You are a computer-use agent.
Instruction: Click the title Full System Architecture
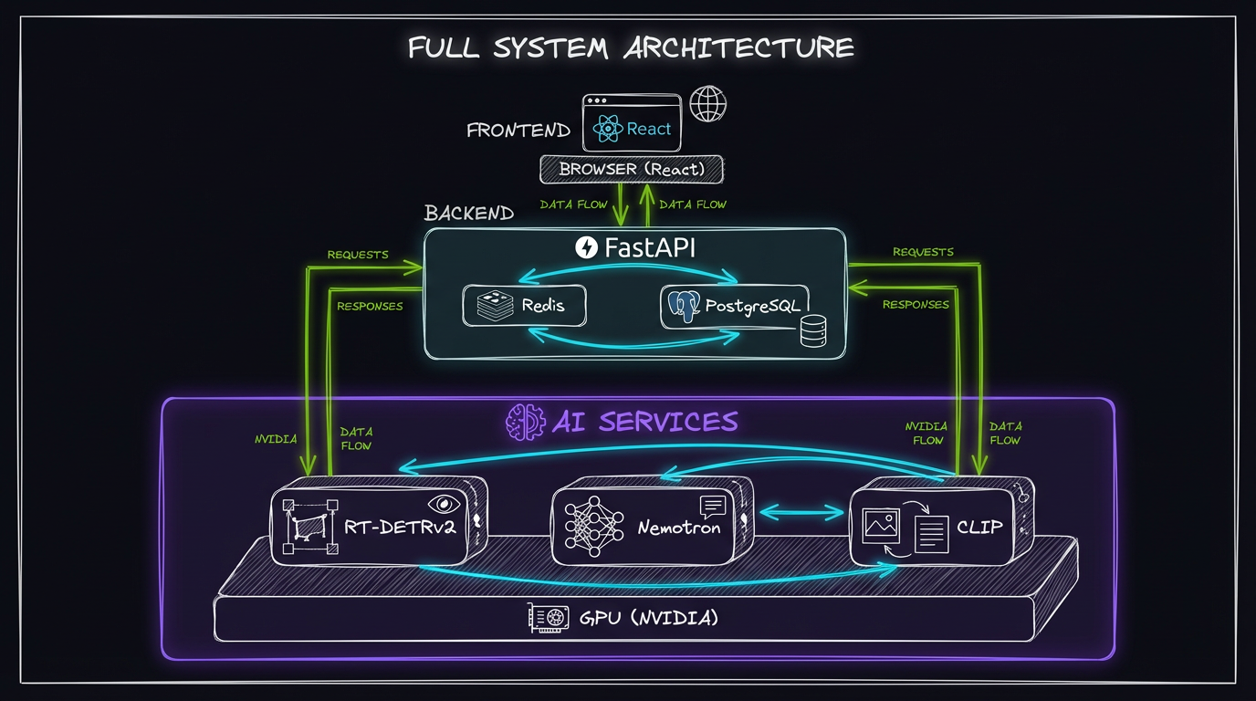click(x=630, y=47)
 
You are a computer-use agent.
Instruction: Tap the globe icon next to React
click(x=707, y=104)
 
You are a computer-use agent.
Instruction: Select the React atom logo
click(x=608, y=130)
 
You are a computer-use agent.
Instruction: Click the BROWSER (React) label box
click(x=632, y=169)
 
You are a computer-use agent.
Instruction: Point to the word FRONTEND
click(x=518, y=131)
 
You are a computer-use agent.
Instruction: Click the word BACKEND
click(x=469, y=214)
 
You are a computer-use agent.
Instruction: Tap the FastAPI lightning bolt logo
click(x=586, y=247)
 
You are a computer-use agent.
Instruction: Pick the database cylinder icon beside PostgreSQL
click(x=812, y=331)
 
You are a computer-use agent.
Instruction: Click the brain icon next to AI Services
click(x=524, y=422)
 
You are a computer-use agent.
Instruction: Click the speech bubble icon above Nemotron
click(x=712, y=506)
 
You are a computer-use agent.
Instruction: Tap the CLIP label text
click(x=979, y=527)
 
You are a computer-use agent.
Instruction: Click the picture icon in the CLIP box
click(x=880, y=525)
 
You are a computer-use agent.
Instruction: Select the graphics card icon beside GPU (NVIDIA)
click(x=548, y=618)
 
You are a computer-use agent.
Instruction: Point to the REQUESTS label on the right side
click(x=923, y=252)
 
